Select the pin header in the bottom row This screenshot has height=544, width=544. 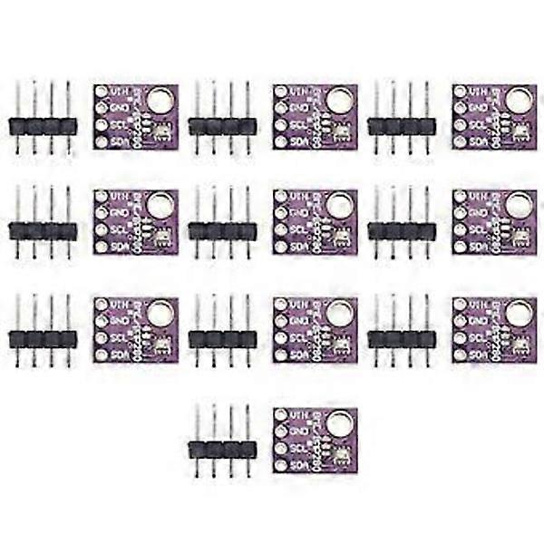(222, 449)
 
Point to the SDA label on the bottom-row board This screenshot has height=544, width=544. (298, 464)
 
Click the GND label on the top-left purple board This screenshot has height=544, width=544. (119, 108)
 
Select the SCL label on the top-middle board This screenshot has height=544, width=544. (298, 125)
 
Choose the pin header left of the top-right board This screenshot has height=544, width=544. (402, 126)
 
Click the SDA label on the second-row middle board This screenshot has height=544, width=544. (298, 246)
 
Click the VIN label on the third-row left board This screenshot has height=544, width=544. (119, 305)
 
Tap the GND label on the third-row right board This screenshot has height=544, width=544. (478, 321)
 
